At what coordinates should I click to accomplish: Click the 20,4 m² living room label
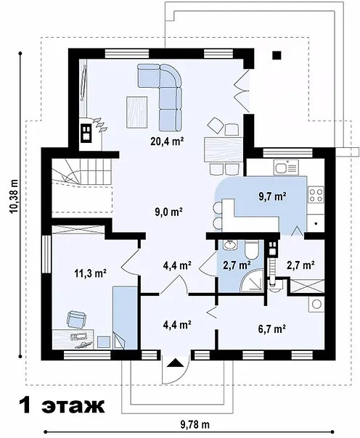click(167, 141)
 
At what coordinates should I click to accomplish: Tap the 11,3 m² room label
click(90, 273)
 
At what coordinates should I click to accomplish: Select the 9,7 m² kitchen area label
click(272, 197)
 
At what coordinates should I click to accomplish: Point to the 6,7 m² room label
click(271, 328)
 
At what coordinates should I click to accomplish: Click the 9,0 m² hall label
click(168, 212)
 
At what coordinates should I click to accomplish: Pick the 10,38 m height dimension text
click(15, 197)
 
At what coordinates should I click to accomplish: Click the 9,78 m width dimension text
click(195, 425)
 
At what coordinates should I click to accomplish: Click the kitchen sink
click(286, 168)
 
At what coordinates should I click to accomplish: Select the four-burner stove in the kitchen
click(316, 194)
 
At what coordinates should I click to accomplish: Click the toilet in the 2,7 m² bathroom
click(251, 249)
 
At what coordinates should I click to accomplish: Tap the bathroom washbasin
click(230, 245)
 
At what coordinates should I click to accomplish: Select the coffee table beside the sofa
click(137, 112)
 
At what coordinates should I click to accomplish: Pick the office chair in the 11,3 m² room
click(76, 319)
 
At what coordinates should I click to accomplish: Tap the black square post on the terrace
click(277, 55)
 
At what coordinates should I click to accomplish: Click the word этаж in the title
click(73, 405)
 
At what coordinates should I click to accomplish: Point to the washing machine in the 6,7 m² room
click(316, 304)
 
